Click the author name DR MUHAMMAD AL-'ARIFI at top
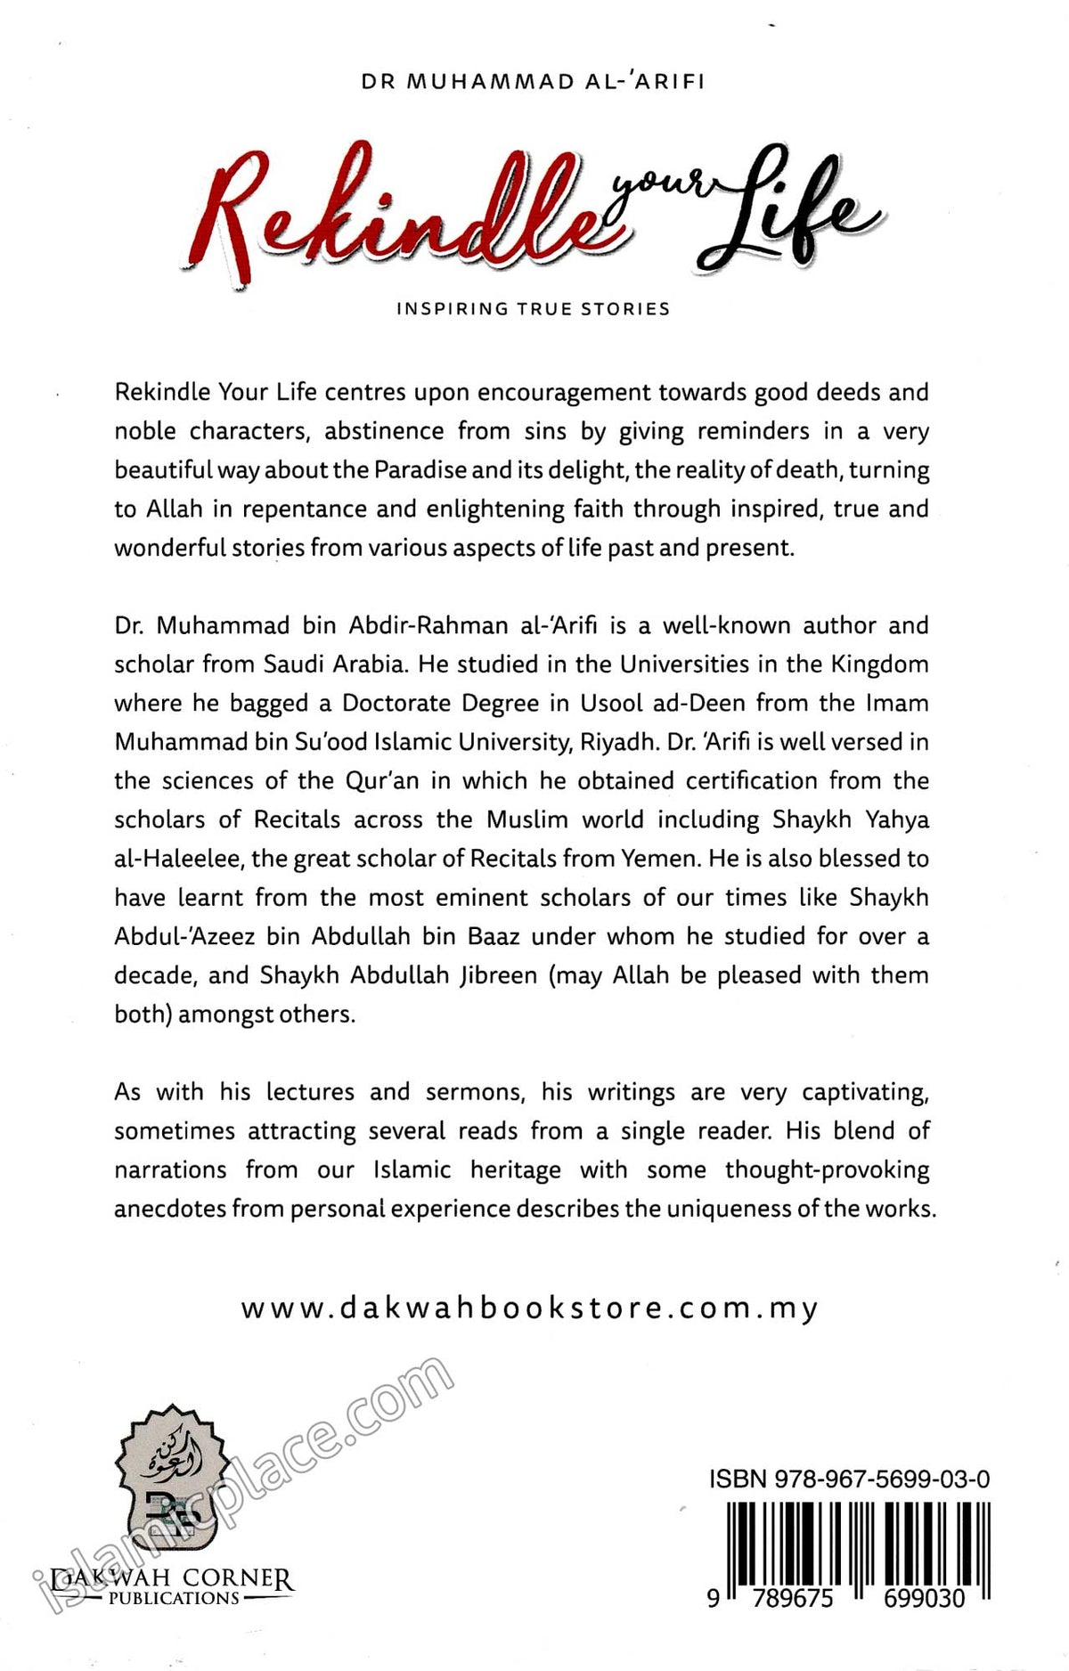pos(534,81)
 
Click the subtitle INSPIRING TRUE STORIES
pos(534,309)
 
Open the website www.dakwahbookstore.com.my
pos(530,1308)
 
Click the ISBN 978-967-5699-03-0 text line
pos(849,1479)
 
